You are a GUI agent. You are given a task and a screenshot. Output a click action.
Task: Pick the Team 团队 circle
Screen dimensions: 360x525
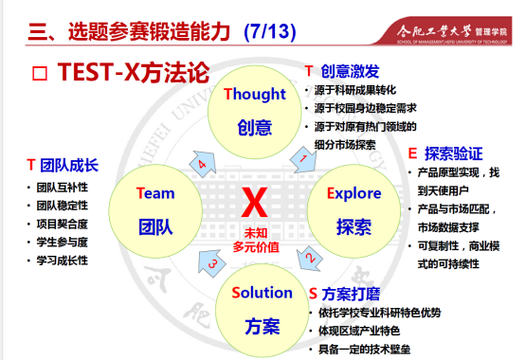(x=155, y=208)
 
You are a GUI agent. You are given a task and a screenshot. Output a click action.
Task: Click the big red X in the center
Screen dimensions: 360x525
(x=255, y=202)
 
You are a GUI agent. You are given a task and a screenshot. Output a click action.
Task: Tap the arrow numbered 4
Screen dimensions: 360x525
(x=202, y=163)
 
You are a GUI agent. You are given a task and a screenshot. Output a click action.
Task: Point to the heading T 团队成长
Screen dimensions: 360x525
(x=63, y=164)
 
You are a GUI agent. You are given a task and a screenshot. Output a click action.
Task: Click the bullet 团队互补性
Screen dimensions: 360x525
(x=63, y=187)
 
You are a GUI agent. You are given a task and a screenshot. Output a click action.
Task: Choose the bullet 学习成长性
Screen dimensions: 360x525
(x=63, y=259)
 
